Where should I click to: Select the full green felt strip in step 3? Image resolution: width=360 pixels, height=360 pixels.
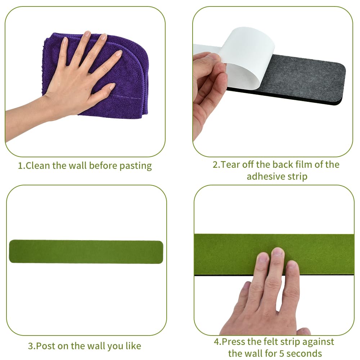click(86, 252)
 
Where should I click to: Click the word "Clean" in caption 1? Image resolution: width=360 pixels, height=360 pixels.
click(38, 166)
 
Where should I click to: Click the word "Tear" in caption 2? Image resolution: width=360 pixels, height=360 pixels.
click(230, 165)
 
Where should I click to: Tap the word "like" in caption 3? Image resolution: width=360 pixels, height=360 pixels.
click(133, 346)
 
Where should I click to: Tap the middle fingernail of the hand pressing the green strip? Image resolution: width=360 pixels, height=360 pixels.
click(278, 252)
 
